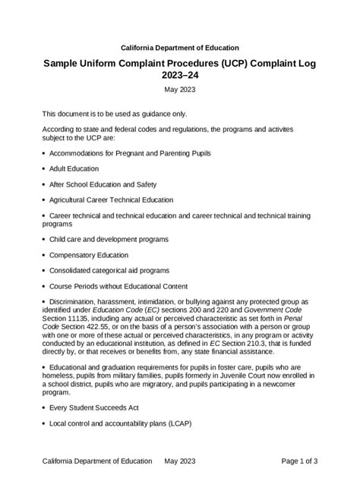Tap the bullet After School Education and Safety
(105, 184)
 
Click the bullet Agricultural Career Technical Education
(112, 200)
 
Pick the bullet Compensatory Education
(89, 255)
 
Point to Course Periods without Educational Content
(118, 286)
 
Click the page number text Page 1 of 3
(299, 461)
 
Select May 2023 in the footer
(180, 461)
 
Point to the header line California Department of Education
(179, 48)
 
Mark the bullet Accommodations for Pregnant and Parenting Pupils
(130, 153)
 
